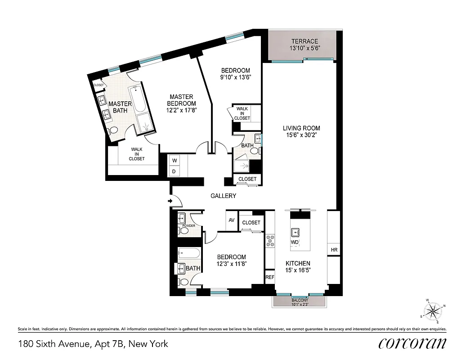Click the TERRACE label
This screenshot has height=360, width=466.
305,41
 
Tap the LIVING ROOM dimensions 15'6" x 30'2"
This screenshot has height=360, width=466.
301,135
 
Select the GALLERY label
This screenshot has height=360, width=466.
224,196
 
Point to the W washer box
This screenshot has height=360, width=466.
174,160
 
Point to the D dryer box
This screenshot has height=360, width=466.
174,171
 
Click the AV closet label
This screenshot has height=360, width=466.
232,220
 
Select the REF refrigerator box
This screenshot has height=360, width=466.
269,277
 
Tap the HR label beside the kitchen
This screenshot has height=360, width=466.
334,250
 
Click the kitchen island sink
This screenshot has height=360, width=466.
297,233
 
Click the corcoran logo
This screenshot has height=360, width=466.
412,343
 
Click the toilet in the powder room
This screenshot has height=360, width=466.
184,231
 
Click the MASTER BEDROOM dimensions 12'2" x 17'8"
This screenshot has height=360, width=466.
181,109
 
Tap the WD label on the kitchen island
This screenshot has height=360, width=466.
295,242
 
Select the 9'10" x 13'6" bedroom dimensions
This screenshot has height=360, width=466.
235,77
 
